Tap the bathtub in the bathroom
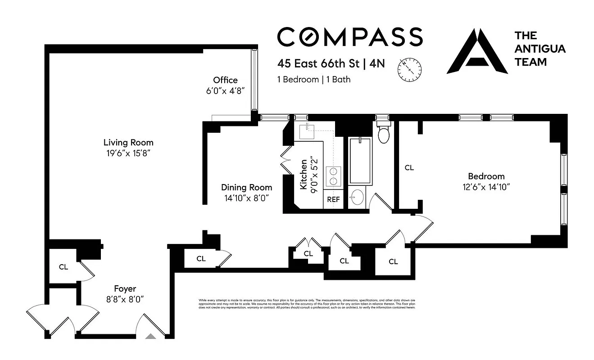point(359,161)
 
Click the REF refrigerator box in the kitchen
point(333,199)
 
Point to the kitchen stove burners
point(334,176)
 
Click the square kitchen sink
point(309,131)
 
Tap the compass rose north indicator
point(409,69)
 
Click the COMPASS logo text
point(349,36)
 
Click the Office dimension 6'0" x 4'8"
point(225,90)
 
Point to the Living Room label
point(128,143)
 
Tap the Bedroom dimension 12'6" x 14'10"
point(486,186)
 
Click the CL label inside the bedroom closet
point(409,168)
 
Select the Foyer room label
point(125,289)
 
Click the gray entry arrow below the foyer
point(152,335)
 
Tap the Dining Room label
point(246,187)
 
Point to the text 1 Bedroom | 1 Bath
point(313,80)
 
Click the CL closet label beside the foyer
point(63,267)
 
